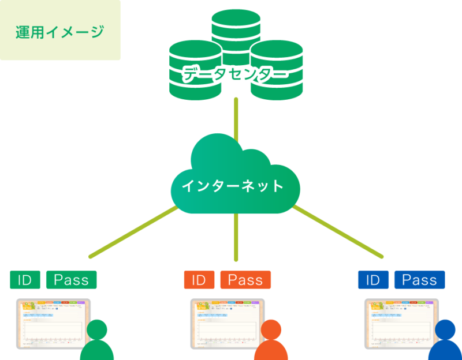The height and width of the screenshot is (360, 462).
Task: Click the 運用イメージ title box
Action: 60,31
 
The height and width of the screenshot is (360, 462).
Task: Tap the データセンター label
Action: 235,74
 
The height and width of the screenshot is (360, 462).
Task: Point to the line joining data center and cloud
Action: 236,118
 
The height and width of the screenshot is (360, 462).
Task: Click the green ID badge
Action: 25,280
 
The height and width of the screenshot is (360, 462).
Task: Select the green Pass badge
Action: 71,280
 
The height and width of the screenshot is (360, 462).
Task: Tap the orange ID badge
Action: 199,280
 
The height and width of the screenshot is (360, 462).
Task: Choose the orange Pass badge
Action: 245,280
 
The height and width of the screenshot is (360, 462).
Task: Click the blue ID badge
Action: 372,280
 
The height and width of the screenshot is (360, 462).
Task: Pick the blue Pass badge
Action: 419,280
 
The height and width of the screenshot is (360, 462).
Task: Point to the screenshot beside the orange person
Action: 227,323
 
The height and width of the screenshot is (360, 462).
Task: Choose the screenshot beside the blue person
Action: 401,323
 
